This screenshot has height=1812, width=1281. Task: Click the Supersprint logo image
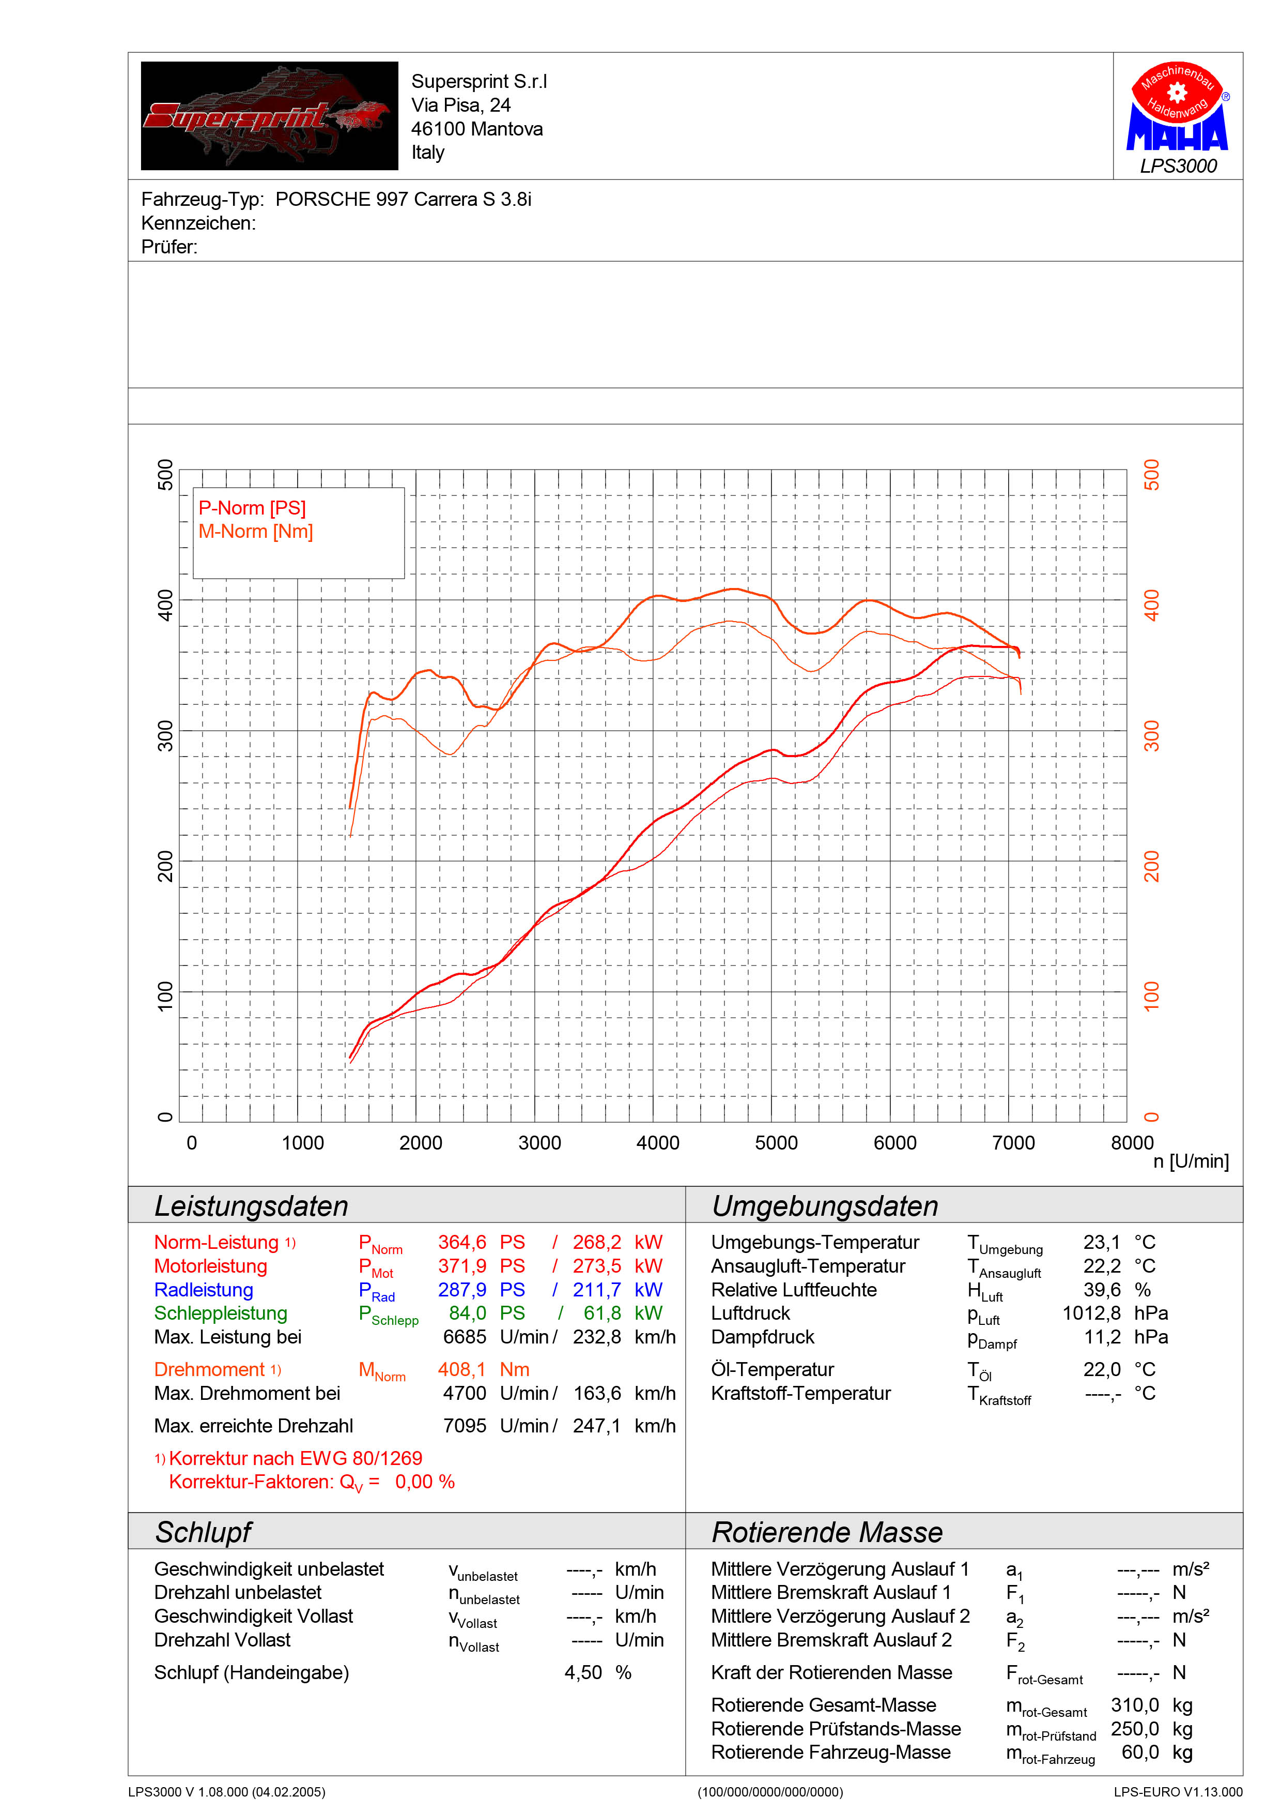coord(269,115)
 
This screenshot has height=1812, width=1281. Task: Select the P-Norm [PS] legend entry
coord(252,508)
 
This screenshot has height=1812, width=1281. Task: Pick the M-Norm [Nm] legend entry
coord(256,532)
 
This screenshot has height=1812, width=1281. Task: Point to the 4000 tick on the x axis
coord(658,1143)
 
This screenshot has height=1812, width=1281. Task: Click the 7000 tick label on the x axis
coord(1014,1143)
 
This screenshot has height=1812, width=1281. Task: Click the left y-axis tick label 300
coord(165,735)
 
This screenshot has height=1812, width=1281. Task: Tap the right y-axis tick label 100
coord(1152,997)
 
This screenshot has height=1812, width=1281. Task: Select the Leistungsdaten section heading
coord(251,1206)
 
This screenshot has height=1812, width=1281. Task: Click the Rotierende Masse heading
coord(827,1532)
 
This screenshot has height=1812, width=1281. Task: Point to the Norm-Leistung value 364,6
coord(462,1242)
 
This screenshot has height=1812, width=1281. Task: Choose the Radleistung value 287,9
coord(462,1290)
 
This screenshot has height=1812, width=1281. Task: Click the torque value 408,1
coord(462,1369)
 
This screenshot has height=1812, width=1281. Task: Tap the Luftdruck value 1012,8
coord(1092,1313)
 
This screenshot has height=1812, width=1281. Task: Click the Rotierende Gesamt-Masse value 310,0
coord(1135,1704)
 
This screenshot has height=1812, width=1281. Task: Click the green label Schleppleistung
coord(221,1313)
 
